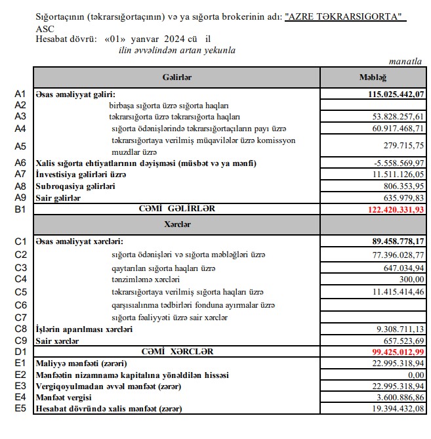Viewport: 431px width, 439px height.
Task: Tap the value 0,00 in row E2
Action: [x=415, y=375]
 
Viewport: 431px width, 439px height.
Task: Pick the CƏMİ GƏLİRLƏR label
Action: [x=177, y=209]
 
